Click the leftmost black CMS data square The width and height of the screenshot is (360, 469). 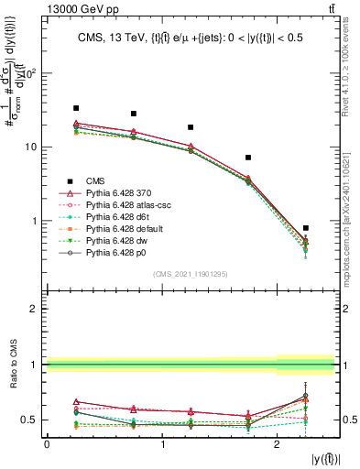pos(76,108)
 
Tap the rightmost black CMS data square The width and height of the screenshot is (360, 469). pos(306,228)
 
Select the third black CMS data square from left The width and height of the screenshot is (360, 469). pos(191,127)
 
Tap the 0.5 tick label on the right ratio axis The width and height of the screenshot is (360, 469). pos(350,420)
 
